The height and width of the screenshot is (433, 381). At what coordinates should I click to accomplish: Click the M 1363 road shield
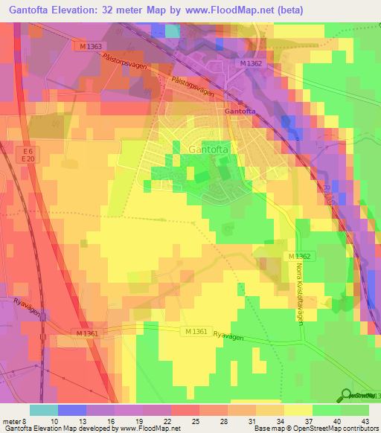92,46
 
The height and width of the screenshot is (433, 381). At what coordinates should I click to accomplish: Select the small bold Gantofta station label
240,112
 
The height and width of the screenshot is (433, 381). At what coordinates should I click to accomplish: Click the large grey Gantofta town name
208,148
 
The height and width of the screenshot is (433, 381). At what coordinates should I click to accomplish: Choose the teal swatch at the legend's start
43,409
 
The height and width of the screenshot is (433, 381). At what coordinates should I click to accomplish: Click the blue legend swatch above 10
71,409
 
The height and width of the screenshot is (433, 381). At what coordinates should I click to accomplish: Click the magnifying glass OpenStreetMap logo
348,395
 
